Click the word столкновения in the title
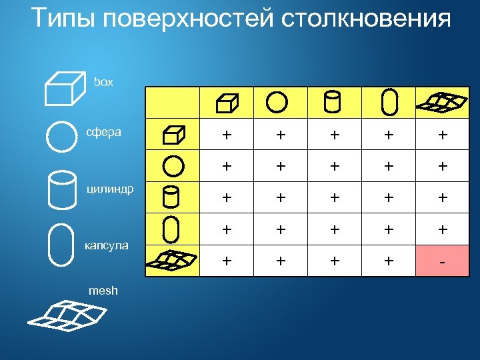365,19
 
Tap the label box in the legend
103,82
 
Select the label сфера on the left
103,131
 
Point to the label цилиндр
111,189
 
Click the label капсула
106,246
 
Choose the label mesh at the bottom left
103,290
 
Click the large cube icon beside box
62,87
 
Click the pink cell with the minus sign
441,261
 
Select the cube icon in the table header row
227,103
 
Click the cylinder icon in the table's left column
172,197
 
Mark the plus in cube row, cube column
227,135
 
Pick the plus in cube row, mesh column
441,135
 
